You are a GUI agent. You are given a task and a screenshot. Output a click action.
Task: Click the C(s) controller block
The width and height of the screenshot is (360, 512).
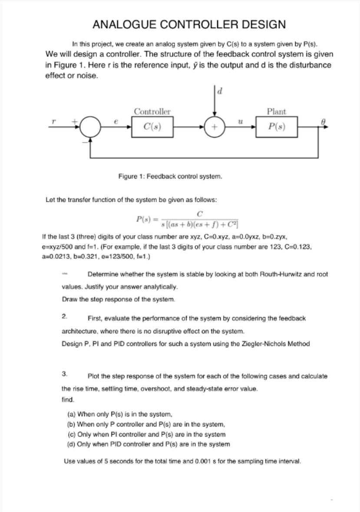coord(152,127)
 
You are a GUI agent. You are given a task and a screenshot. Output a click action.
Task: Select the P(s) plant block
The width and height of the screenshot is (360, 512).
coord(277,127)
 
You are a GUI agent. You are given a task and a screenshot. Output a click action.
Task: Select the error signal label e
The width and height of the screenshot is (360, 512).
coord(115,122)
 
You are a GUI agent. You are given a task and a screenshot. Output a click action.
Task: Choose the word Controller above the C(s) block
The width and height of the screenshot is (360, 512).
coord(152,112)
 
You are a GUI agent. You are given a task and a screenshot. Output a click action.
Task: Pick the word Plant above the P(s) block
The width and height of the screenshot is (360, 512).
coord(277,112)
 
